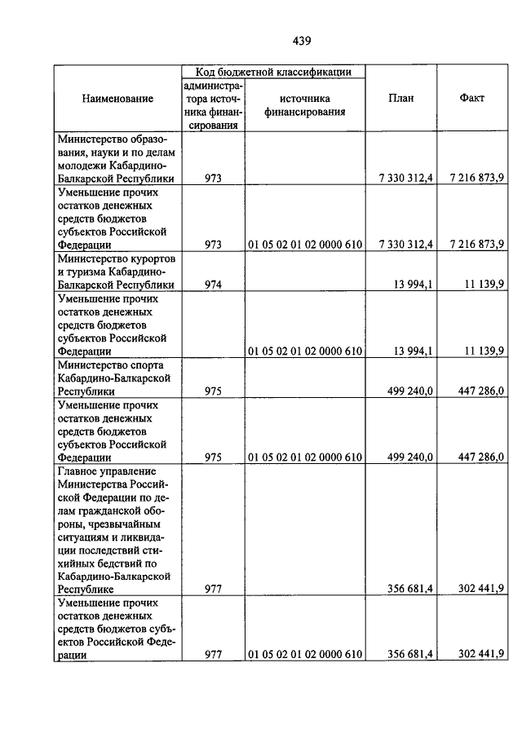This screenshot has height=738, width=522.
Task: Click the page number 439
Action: (x=301, y=41)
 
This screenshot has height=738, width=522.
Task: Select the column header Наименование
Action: (x=117, y=99)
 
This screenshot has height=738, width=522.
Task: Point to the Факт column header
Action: (x=471, y=99)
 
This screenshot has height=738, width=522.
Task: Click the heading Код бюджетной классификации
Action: (x=273, y=72)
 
